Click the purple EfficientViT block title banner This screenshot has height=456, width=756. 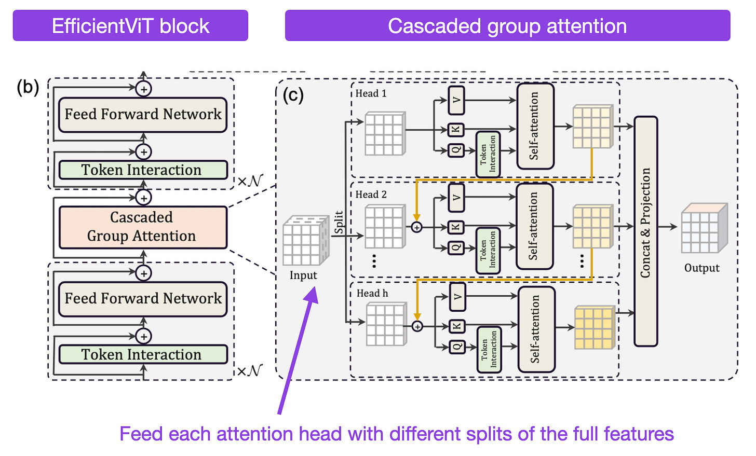(x=130, y=25)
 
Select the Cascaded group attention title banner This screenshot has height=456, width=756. (x=508, y=25)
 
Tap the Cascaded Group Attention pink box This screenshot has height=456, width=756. (x=143, y=227)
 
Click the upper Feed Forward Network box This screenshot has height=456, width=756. (x=143, y=115)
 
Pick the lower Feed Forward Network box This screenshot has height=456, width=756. (x=143, y=299)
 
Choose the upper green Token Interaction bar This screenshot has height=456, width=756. (x=143, y=170)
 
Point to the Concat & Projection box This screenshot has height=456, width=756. (x=645, y=231)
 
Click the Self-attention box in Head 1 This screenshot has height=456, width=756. (x=535, y=126)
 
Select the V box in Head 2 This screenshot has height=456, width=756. (x=456, y=198)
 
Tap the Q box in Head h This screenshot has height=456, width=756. (x=457, y=347)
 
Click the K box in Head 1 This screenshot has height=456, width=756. (x=456, y=129)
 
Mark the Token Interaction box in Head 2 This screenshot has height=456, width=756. (x=488, y=250)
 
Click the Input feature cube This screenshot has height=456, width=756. (x=306, y=241)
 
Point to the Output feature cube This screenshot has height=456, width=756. (x=704, y=228)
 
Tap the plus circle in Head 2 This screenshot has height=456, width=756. (x=417, y=227)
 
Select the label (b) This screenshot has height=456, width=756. (x=28, y=87)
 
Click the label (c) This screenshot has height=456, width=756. (x=293, y=95)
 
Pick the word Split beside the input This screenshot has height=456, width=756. (x=339, y=222)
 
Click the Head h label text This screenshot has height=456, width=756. (x=372, y=293)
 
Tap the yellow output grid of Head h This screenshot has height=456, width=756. (x=595, y=327)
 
